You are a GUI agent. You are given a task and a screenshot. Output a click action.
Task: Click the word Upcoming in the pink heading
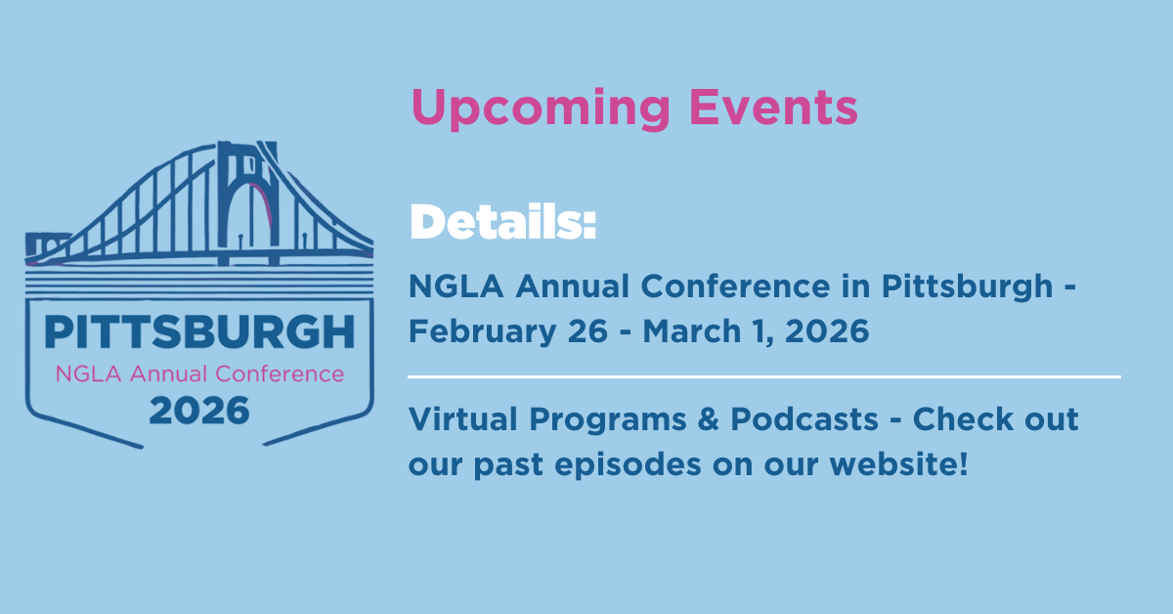coord(541,109)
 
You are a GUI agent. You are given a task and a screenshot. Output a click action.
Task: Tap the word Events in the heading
coord(773,107)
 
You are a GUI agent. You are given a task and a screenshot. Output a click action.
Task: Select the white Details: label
coord(502,222)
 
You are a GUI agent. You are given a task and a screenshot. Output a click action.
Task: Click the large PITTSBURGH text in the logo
coord(199,332)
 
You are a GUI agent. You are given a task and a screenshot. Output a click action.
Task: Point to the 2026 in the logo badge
coord(199,411)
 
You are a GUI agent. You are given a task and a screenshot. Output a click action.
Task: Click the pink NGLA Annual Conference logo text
coord(199,374)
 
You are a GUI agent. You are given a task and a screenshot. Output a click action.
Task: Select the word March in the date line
coord(691,331)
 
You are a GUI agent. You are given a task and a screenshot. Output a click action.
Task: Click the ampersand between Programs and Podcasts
coord(708,419)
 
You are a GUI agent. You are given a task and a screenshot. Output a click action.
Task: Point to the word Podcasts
coord(804,419)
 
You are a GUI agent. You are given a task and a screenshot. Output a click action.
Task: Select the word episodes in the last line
coord(628,465)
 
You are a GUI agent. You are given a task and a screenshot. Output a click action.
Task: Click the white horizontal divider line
coord(764,376)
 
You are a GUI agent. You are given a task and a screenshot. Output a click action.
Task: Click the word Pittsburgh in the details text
coord(967,287)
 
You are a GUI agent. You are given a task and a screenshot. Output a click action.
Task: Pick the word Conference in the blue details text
coord(735,286)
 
